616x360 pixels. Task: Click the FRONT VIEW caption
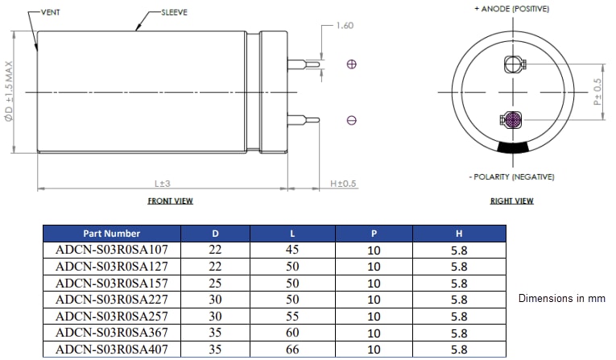tap(170, 201)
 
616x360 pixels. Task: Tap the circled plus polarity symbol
tap(351, 64)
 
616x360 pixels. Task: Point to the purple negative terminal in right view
tap(511, 120)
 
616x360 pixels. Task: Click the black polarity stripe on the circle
tap(511, 148)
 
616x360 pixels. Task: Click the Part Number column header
tap(111, 234)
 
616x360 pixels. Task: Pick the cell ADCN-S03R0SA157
tap(111, 283)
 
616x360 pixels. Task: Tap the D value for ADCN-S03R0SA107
tap(215, 250)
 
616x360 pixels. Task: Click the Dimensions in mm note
tap(561, 298)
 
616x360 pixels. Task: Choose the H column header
tap(458, 234)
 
